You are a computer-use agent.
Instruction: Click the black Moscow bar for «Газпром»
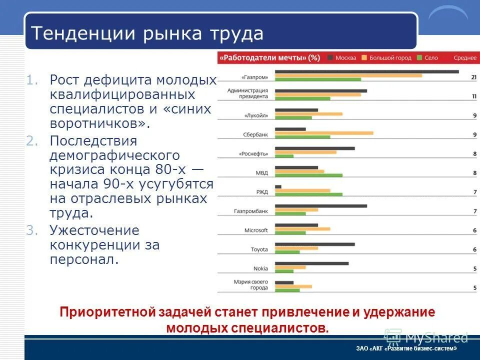366,72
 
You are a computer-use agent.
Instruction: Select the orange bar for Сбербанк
324,133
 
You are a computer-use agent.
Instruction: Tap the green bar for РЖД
308,194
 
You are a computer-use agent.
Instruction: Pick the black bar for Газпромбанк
321,206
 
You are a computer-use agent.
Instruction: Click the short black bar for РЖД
278,187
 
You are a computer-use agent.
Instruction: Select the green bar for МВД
308,175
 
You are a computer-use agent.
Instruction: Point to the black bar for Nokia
311,263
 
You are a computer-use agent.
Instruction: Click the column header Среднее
465,58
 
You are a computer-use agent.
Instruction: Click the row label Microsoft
256,230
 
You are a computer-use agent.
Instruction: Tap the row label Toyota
259,249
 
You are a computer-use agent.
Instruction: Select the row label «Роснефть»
255,154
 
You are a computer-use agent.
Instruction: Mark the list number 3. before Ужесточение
32,230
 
